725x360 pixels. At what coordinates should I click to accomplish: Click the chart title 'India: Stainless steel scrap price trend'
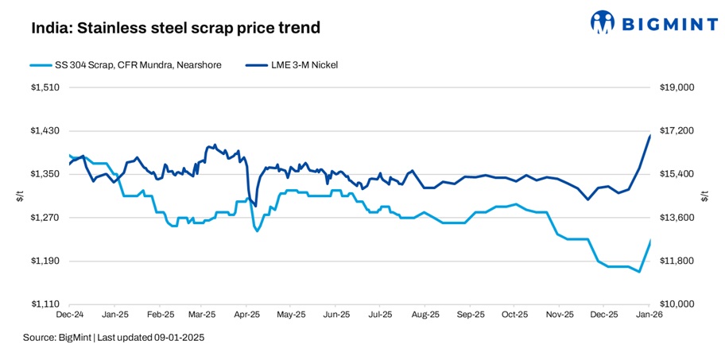[x=176, y=28]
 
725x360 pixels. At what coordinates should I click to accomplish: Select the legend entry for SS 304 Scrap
[x=124, y=64]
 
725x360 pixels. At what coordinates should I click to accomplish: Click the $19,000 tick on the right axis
[x=678, y=87]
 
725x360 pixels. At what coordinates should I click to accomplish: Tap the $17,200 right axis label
[x=678, y=131]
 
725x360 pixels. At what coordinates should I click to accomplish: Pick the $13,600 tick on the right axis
[x=678, y=218]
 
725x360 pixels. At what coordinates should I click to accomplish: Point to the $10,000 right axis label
[x=678, y=304]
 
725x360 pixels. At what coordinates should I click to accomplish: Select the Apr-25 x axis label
[x=247, y=315]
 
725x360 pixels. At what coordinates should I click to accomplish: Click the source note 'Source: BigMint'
[x=114, y=338]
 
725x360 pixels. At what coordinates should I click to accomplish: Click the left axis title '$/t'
[x=20, y=196]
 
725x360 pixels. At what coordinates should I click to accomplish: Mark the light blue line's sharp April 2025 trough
[x=257, y=231]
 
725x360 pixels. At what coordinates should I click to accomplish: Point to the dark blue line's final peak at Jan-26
[x=650, y=136]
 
